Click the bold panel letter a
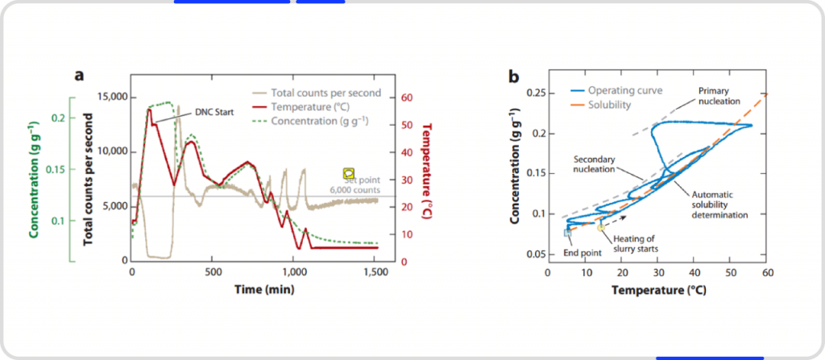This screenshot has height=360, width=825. (79, 76)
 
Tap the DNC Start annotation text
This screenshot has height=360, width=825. (213, 111)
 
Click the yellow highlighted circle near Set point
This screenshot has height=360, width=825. (349, 173)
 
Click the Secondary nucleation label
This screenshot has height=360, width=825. (595, 163)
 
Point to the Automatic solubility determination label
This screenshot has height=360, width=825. (720, 205)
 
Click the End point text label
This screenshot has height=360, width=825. (581, 253)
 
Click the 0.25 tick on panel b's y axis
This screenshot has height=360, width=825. (535, 93)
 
